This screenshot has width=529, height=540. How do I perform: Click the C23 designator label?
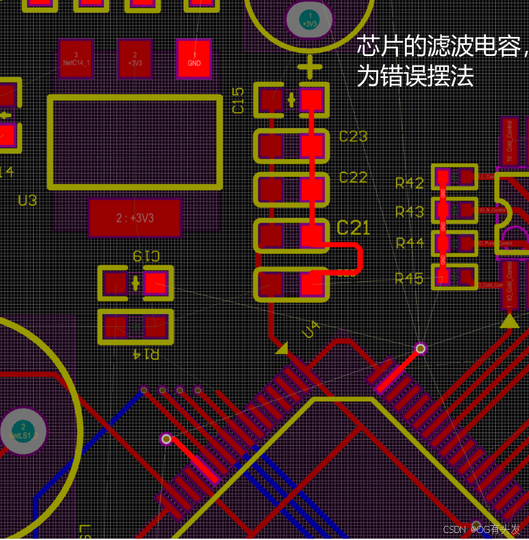[x=353, y=137]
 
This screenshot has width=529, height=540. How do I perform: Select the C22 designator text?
[x=353, y=177]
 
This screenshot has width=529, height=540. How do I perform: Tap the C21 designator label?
[x=353, y=227]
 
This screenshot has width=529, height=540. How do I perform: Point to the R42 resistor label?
[x=409, y=183]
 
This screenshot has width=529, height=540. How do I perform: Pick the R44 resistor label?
[x=409, y=243]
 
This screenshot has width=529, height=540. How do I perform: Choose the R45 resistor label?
[x=409, y=278]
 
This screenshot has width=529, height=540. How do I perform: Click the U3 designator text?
[x=27, y=201]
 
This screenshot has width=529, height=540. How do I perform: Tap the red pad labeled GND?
[x=194, y=59]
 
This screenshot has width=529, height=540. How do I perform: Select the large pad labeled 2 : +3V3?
[x=135, y=218]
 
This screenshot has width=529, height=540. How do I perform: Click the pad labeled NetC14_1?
[x=76, y=59]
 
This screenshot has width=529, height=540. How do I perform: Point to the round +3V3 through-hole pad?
[x=309, y=20]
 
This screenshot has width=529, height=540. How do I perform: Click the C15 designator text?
[x=238, y=100]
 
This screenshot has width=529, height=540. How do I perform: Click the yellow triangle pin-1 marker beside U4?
[x=281, y=348]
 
